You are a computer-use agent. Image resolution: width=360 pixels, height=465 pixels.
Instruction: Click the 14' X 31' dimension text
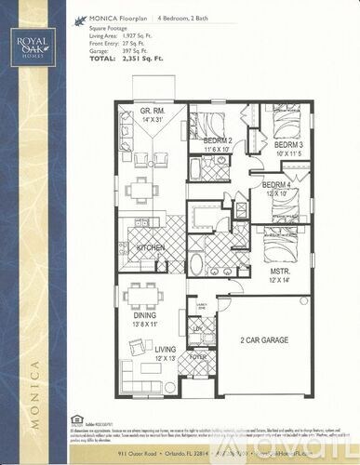pyautogui.click(x=152, y=120)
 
